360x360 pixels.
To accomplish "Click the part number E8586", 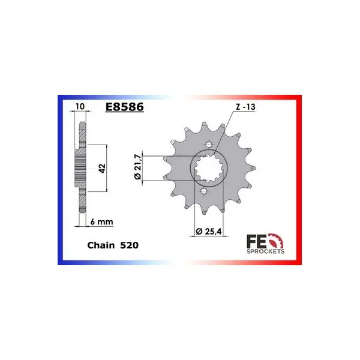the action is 124,107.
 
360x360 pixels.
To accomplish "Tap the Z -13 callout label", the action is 245,107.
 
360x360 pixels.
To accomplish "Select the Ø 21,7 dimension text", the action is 137,167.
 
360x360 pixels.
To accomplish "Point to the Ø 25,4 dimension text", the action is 209,231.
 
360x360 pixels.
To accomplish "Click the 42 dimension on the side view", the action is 102,168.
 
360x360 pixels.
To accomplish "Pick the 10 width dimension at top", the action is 80,106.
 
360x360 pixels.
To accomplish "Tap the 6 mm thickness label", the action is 102,222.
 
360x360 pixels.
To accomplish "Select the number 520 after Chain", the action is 130,245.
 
